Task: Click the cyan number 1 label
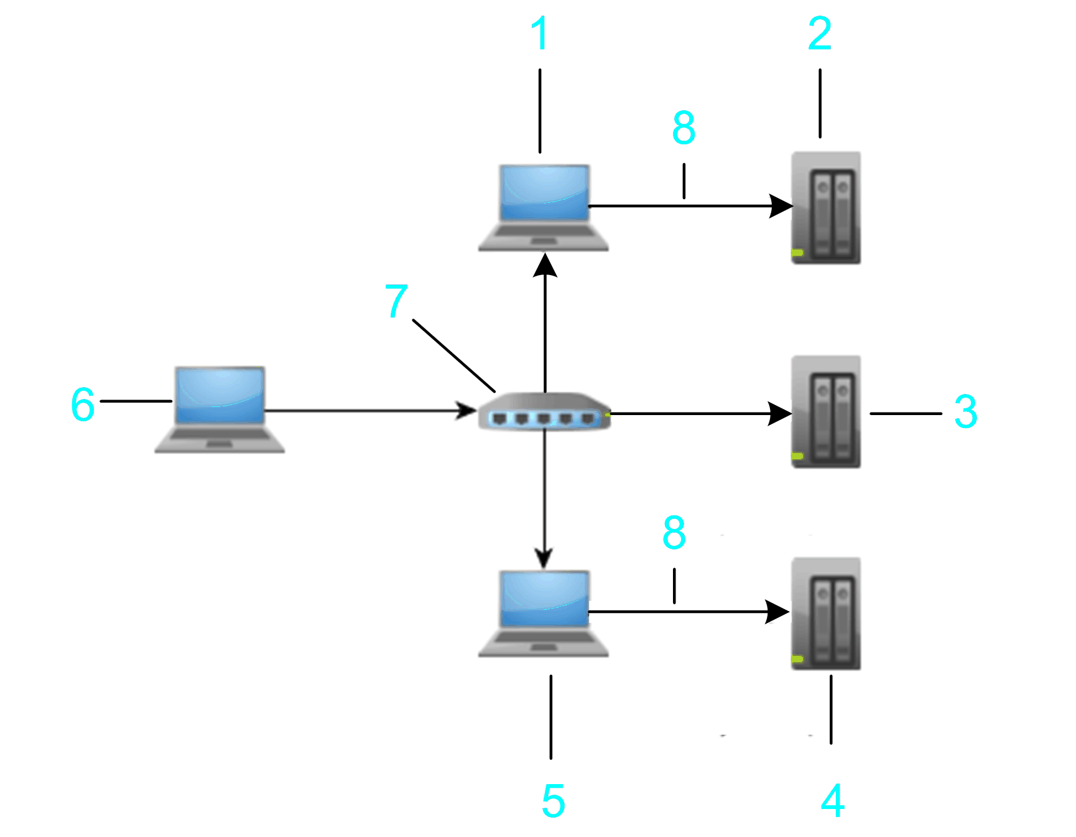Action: [540, 34]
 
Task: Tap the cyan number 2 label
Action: [820, 34]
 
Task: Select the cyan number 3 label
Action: [965, 412]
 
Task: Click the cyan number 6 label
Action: [83, 404]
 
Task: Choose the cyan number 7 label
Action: [396, 301]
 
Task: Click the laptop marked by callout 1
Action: [544, 207]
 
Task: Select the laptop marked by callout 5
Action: [544, 613]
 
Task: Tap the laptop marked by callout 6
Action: [220, 409]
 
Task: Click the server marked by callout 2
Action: [826, 208]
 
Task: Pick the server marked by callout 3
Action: [826, 412]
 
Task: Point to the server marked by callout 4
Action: [826, 614]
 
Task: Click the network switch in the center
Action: [544, 411]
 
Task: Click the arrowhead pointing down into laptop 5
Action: [544, 558]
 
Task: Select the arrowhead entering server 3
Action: [780, 413]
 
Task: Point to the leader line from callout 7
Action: [453, 356]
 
